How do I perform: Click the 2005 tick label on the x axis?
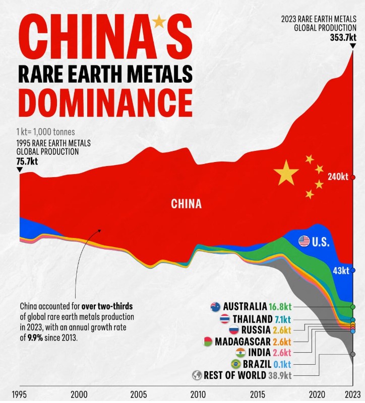coord(139,394)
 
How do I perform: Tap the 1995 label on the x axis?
coord(19,394)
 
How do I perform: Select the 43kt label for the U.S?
coord(341,270)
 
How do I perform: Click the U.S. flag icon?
coord(304,241)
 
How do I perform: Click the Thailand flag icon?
coord(224,318)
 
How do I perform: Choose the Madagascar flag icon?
coord(207,342)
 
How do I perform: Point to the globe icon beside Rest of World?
coord(197,375)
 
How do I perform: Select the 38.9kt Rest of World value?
coord(280,375)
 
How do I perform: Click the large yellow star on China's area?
coord(286,173)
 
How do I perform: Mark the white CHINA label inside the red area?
coord(186,204)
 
